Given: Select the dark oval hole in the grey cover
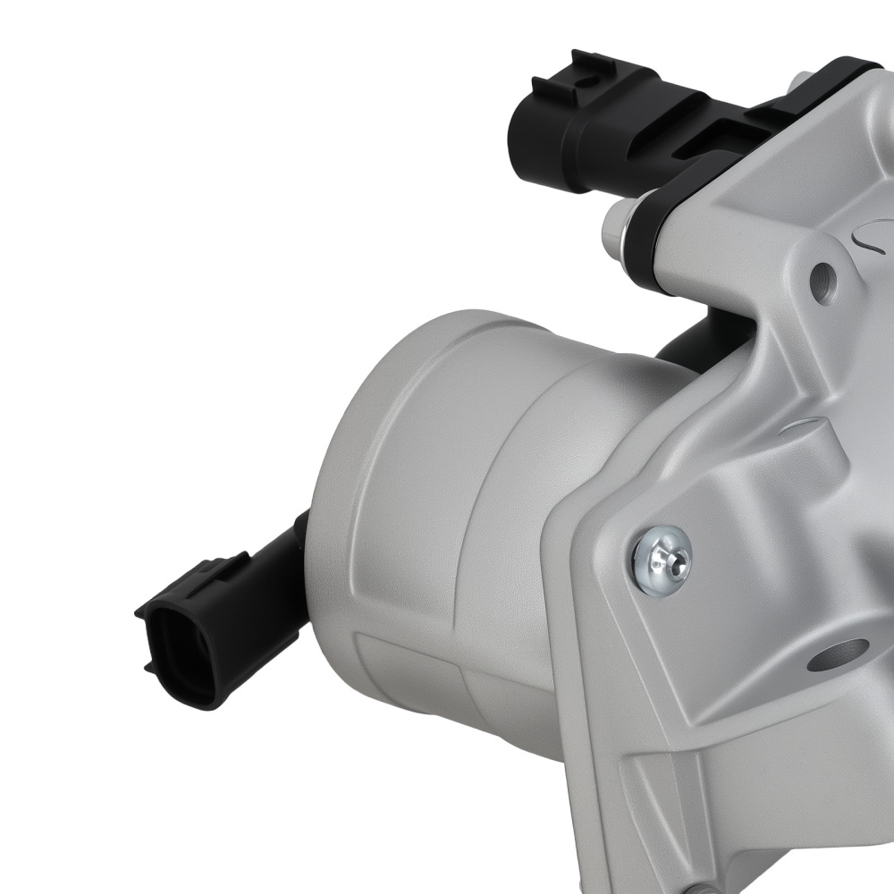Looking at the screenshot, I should click(837, 656).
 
